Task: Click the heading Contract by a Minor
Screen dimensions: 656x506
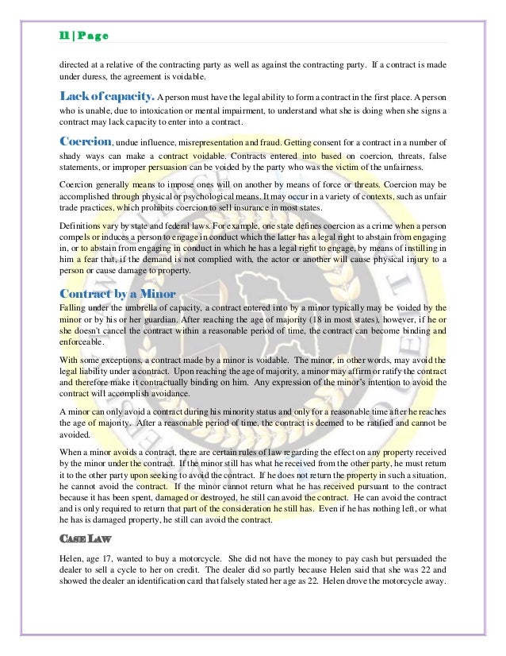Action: click(117, 293)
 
